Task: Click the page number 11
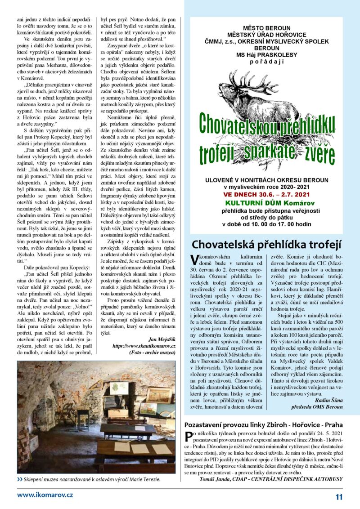pyautogui.click(x=339, y=497)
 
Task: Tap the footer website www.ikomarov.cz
pyautogui.click(x=45, y=495)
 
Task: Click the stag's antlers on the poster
pyautogui.click(x=252, y=83)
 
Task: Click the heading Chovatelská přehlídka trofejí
pyautogui.click(x=267, y=245)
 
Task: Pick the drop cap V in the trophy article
pyautogui.click(x=194, y=259)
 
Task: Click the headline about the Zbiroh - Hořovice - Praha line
pyautogui.click(x=264, y=424)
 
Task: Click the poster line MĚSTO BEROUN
pyautogui.click(x=267, y=28)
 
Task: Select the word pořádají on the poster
pyautogui.click(x=267, y=59)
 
